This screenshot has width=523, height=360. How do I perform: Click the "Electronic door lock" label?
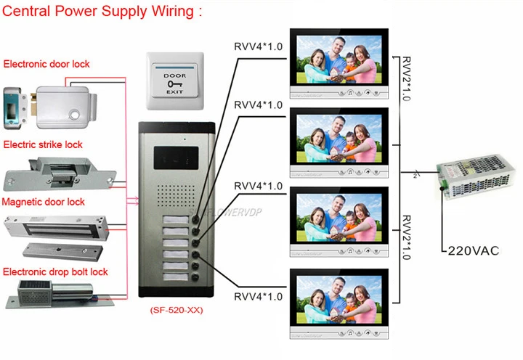46,64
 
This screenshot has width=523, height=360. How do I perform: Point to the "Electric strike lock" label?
44,144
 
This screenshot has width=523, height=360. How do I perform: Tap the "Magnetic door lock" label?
44,202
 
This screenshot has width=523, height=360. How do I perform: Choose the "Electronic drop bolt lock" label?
55,271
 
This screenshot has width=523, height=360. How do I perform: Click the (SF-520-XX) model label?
174,309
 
